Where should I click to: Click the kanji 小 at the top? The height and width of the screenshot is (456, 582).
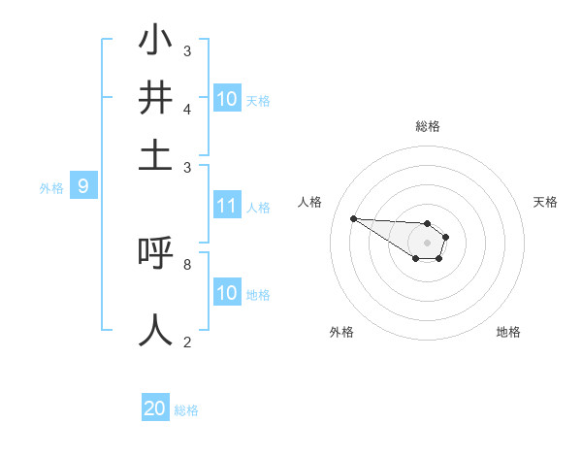(155, 42)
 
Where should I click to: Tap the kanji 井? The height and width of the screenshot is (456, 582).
(155, 99)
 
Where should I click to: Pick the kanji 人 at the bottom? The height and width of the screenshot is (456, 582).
(155, 329)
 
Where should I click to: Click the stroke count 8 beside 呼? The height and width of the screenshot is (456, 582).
(187, 263)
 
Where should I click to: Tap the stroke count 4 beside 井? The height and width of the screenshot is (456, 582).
(187, 109)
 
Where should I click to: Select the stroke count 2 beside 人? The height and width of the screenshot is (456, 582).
(187, 341)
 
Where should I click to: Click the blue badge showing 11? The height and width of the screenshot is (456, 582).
(227, 206)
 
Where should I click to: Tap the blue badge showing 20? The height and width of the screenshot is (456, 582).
(155, 409)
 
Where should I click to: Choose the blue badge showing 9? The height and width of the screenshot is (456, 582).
(83, 186)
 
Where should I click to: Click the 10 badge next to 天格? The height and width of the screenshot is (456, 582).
(227, 99)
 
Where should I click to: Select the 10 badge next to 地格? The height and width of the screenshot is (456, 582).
(227, 293)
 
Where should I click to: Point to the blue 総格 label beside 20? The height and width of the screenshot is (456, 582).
(186, 410)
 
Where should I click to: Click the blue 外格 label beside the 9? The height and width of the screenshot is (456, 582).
(51, 187)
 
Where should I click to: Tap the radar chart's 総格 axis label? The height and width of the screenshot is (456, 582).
(427, 126)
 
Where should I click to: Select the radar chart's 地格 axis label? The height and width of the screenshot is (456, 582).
(508, 332)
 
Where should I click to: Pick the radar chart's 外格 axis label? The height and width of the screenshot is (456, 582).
(341, 332)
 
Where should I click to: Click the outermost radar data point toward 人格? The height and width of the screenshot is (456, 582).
(353, 218)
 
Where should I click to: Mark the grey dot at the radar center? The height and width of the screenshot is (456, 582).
(427, 243)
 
